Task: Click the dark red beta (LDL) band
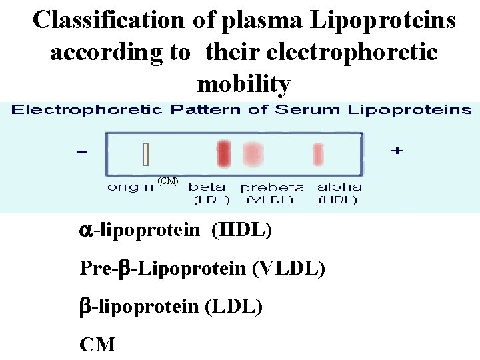[223, 153]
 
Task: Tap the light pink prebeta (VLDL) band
[252, 153]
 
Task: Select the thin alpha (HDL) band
[318, 155]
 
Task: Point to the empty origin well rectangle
[145, 155]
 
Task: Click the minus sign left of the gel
[81, 153]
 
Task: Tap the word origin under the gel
[130, 187]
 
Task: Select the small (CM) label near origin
[167, 181]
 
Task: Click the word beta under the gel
[207, 187]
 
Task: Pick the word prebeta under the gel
[272, 188]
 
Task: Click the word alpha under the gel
[339, 187]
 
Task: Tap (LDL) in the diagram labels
[211, 199]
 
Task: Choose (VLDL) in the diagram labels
[269, 199]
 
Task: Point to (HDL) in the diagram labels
[337, 199]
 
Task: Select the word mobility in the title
[244, 85]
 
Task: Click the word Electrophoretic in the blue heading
[87, 110]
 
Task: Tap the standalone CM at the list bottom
[97, 345]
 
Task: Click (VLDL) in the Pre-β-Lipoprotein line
[289, 269]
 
